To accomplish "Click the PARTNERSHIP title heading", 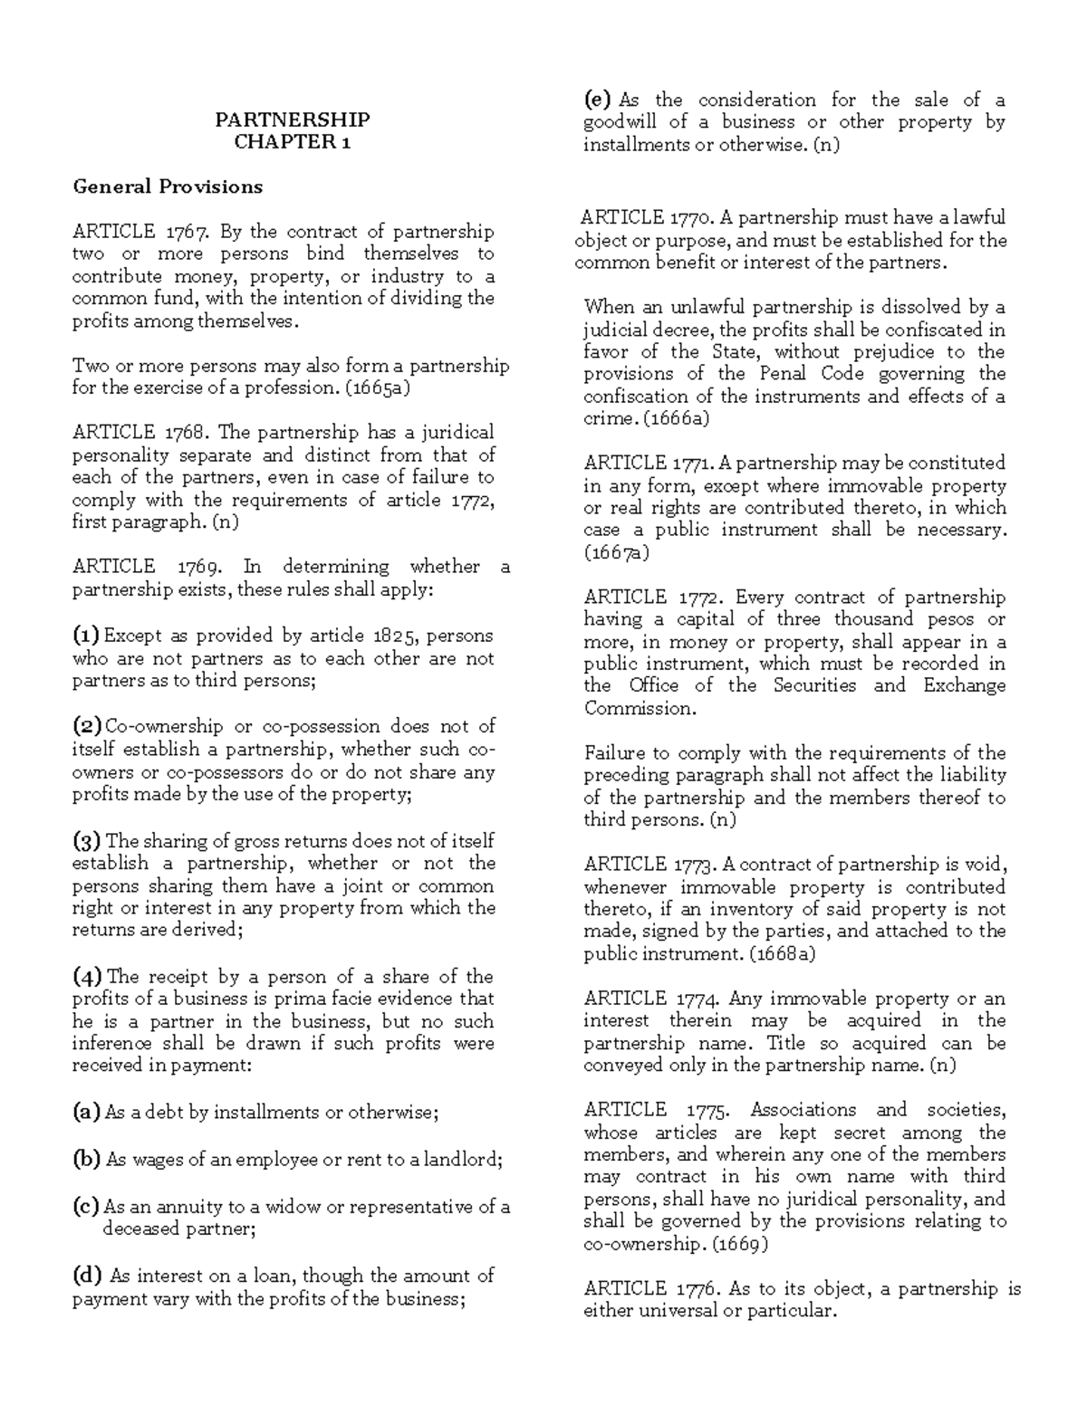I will tap(292, 120).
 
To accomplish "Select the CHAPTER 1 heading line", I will tap(292, 142).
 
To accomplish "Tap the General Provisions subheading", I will tap(168, 187).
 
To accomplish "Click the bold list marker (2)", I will tap(87, 726).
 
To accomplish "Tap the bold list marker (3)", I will tap(87, 841).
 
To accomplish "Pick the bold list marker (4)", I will tap(88, 977).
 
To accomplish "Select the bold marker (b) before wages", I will tap(87, 1160).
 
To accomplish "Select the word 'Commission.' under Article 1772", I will tap(640, 709).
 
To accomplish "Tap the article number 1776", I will tap(697, 1288).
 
